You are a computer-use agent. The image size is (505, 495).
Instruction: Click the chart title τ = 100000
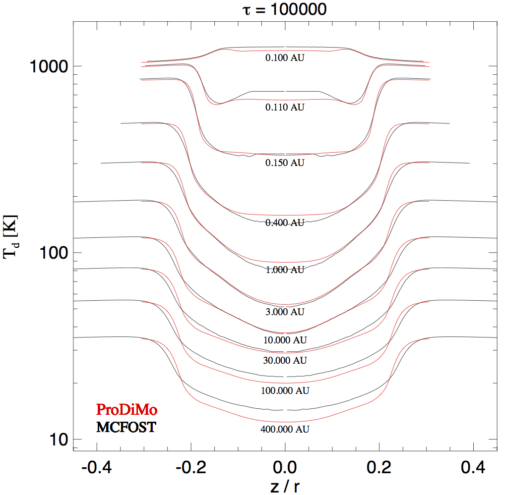click(284, 9)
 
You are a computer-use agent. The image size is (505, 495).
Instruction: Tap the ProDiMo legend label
click(126, 410)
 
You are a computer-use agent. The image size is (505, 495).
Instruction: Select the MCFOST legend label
click(126, 427)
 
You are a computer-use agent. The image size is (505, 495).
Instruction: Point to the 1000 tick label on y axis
click(49, 67)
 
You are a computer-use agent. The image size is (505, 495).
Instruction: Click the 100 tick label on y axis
click(54, 253)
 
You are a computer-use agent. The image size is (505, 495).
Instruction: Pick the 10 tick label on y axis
click(59, 440)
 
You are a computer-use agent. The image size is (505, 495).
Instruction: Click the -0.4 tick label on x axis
click(97, 467)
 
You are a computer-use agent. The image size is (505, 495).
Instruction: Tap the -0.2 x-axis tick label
click(190, 467)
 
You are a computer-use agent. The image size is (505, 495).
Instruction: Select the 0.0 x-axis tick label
click(285, 467)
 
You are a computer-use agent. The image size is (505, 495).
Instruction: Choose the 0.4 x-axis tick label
click(473, 467)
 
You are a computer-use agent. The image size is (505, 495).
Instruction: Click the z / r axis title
click(285, 486)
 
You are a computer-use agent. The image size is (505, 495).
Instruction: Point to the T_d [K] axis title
click(10, 237)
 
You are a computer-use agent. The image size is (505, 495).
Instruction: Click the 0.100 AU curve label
click(285, 57)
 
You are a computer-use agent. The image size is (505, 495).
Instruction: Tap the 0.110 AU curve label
click(285, 107)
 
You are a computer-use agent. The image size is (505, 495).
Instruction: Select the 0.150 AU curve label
click(285, 163)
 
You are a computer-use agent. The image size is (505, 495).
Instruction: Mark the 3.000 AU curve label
click(285, 312)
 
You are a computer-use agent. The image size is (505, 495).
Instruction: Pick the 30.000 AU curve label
click(285, 360)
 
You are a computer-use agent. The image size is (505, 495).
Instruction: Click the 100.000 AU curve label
click(285, 390)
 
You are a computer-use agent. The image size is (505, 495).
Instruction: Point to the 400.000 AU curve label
click(285, 429)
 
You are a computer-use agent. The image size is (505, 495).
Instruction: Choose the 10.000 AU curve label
click(285, 340)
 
